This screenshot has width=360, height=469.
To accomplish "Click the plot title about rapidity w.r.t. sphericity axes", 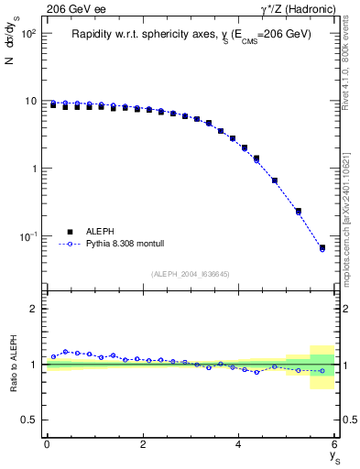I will (x=191, y=34).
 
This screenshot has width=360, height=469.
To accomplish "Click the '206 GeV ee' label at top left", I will (x=73, y=9).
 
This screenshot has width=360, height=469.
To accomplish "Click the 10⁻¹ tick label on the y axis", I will (x=27, y=236).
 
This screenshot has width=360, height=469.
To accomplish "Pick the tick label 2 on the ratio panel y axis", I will (x=33, y=309).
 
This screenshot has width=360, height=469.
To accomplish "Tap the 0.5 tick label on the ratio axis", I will (x=28, y=420).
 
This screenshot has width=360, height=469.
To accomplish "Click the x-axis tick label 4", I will (x=238, y=444).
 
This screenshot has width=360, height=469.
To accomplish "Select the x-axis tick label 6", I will (x=334, y=444).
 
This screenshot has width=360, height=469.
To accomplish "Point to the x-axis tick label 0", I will (x=47, y=444).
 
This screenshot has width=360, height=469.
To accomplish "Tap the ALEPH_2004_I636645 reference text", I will (x=191, y=274).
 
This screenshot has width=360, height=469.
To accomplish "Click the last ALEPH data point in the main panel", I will (x=322, y=247).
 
